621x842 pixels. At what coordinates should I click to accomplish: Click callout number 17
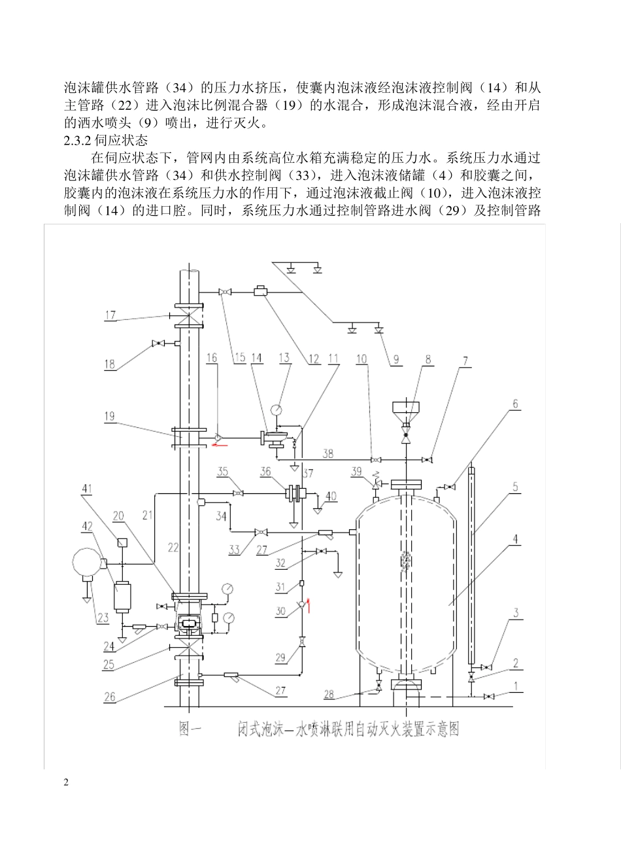coord(110,315)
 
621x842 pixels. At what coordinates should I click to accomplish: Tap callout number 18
coord(110,364)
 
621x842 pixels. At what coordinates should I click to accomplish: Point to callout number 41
coord(88,488)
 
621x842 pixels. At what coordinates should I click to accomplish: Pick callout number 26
coord(110,697)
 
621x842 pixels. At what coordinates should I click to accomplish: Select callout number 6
coord(516,404)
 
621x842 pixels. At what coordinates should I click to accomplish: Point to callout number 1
coord(516,687)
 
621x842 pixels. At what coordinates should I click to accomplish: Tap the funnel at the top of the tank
coord(406,408)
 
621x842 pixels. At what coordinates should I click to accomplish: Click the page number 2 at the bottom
coord(66,782)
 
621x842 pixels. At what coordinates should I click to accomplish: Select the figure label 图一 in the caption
coord(190,729)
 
